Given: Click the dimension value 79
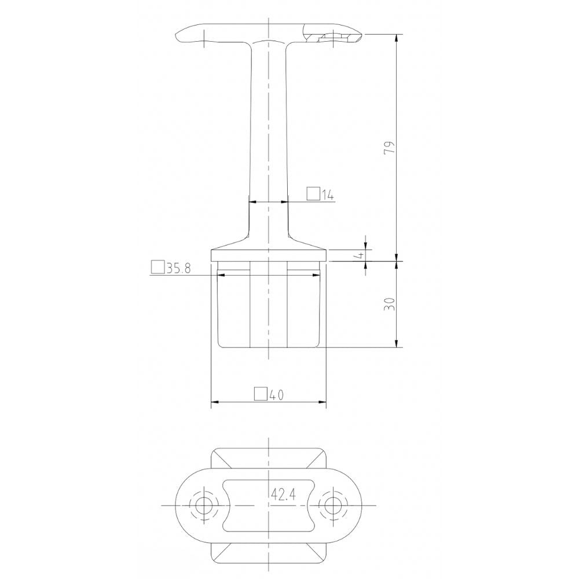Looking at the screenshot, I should tap(391, 147).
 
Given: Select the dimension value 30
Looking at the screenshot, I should tap(391, 304).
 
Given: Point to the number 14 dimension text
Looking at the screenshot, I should tap(327, 195).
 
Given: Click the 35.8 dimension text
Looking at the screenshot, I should tap(178, 268).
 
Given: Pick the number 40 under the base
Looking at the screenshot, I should tap(276, 395).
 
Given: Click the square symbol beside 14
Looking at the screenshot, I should tap(313, 194).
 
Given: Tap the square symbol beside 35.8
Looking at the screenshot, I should tap(157, 267).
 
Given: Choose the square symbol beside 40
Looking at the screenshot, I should tap(261, 394).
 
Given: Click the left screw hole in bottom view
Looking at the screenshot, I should tap(203, 505).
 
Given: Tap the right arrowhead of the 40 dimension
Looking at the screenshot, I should tap(323, 401).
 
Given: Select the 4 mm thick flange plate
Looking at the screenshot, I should tap(269, 255).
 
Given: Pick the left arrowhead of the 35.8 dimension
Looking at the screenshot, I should tap(221, 275).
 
